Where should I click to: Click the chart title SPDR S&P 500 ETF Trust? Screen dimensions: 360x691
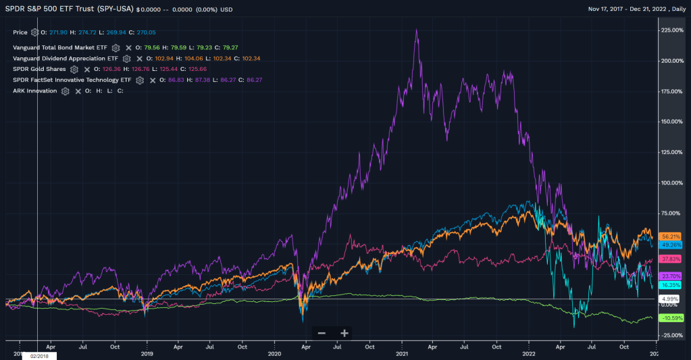tap(68, 9)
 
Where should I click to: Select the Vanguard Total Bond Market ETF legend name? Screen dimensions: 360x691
tap(59, 48)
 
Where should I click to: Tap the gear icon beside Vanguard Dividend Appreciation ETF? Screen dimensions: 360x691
tap(126, 59)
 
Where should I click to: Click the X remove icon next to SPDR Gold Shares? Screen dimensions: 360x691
tap(87, 69)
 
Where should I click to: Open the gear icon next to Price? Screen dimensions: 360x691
tap(34, 32)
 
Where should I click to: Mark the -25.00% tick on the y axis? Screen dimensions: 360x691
tap(673, 335)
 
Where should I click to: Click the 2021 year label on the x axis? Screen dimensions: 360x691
tap(402, 353)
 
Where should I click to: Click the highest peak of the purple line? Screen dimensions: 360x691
tap(416, 30)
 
